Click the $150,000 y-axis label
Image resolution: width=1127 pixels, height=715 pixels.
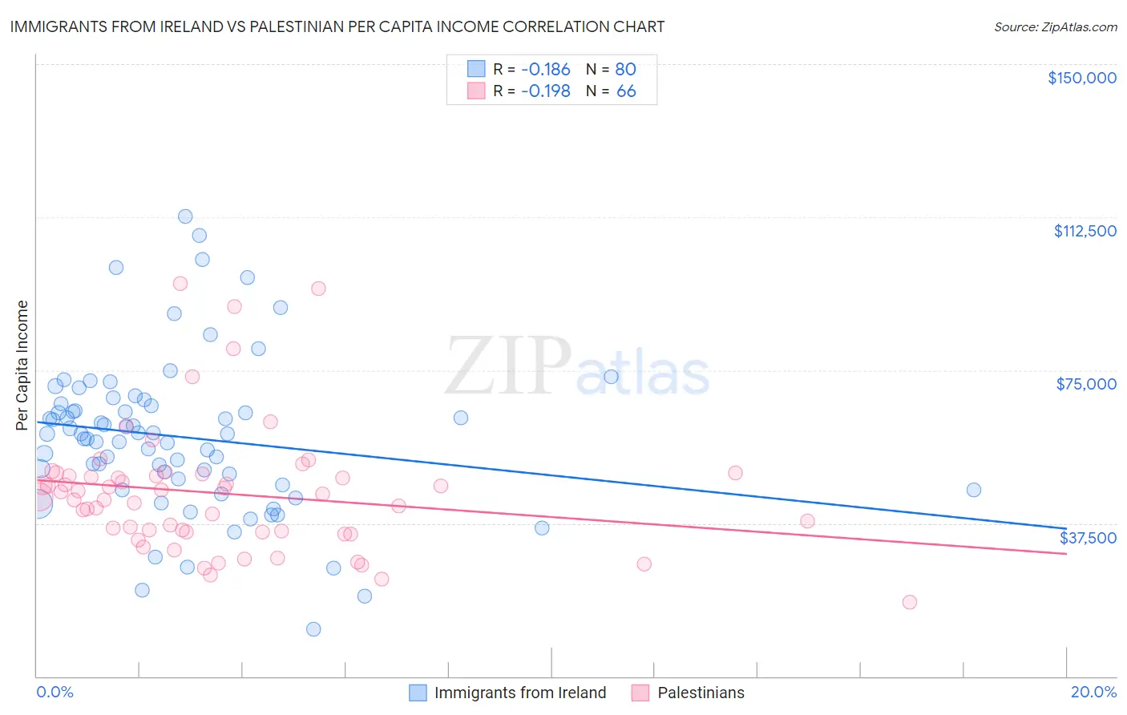click(1081, 78)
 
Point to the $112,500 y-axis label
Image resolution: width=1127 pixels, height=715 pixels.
click(1085, 231)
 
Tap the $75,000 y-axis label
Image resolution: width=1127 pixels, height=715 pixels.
click(1086, 384)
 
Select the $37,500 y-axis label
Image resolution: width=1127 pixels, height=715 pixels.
click(1088, 538)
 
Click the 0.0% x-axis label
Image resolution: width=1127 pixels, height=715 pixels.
click(55, 692)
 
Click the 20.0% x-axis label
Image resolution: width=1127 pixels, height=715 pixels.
click(1093, 692)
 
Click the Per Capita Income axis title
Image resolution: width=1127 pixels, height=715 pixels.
click(22, 366)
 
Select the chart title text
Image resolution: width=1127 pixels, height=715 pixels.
click(337, 26)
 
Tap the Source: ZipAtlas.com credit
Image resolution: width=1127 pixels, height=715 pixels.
click(1055, 27)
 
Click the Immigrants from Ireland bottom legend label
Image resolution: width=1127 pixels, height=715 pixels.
click(519, 693)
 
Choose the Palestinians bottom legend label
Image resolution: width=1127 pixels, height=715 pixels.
click(701, 693)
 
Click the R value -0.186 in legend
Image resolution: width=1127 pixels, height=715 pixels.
click(545, 70)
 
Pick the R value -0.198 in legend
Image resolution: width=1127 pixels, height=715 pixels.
click(545, 91)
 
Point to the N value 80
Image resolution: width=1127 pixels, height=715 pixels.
click(625, 70)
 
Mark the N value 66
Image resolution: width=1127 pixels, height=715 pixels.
click(625, 91)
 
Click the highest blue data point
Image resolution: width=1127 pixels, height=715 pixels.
click(185, 216)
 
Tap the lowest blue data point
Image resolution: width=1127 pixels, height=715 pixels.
click(313, 629)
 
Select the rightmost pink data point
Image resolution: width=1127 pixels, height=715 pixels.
click(909, 602)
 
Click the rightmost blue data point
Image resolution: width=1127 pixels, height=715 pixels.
click(973, 490)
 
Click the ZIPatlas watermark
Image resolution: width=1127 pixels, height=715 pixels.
click(577, 367)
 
